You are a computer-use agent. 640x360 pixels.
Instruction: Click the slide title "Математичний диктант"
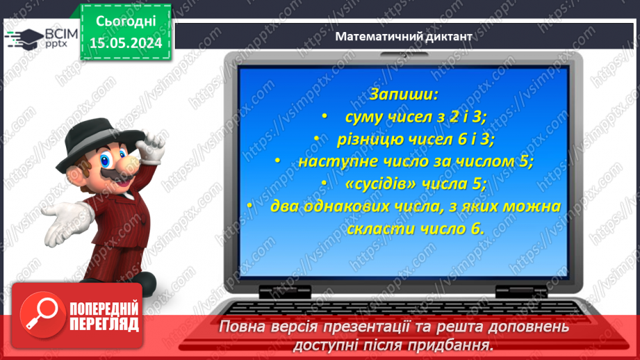[404, 35]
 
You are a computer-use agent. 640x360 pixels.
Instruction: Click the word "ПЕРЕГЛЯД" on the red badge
[104, 324]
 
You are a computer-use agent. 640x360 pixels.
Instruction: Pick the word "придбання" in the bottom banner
[447, 345]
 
